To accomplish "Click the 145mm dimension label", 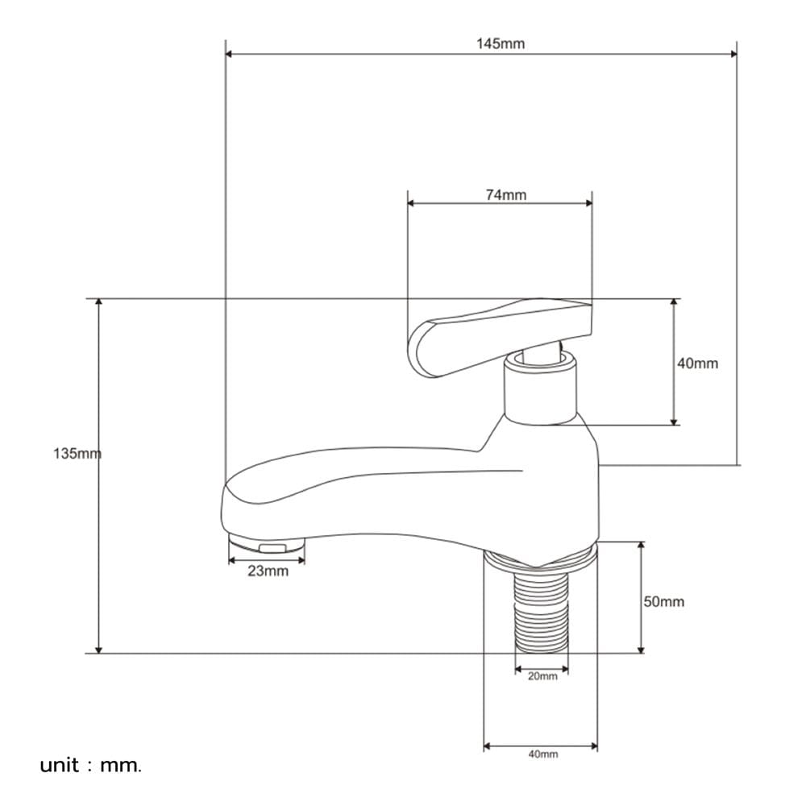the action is tap(501, 44).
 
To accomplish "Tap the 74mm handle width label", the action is tap(506, 195).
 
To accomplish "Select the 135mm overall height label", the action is tap(77, 453).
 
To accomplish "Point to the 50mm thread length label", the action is tap(663, 601).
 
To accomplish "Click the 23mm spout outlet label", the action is tap(268, 571).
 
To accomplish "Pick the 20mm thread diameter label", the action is tap(542, 676).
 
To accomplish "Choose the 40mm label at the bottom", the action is tap(542, 754).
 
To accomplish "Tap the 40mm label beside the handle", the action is tap(697, 364).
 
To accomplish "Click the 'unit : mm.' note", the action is tap(90, 766).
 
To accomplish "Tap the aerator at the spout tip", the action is tap(267, 544).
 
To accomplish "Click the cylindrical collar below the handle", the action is tap(540, 388).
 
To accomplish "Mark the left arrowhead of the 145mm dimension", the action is tap(229, 54).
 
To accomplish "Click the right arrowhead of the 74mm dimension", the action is tap(588, 203).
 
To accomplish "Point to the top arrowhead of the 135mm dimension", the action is tap(99, 302).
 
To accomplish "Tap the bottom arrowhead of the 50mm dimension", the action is tap(641, 649).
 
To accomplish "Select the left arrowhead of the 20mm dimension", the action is tap(518, 669).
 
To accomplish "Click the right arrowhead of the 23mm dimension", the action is tap(301, 560).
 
